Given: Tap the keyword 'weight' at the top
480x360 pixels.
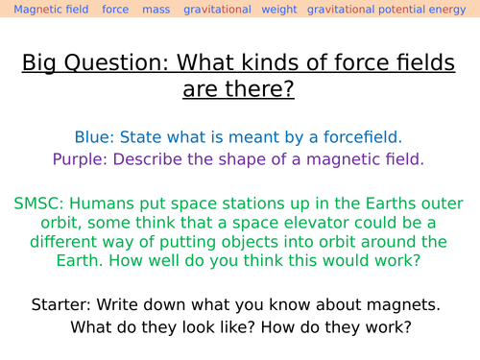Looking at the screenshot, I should (x=279, y=10).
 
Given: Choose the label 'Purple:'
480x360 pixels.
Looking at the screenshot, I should (x=80, y=158).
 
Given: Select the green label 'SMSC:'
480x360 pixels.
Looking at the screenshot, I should (x=40, y=204).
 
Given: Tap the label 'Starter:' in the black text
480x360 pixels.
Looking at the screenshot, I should (x=63, y=304).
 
